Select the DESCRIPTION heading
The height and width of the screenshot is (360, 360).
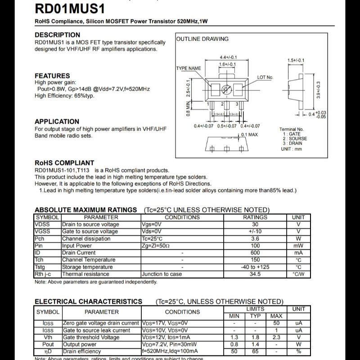(x=57, y=35)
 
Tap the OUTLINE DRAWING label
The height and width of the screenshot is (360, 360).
(x=202, y=39)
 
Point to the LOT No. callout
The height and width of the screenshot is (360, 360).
(x=265, y=77)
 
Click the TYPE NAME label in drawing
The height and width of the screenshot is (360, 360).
(x=189, y=68)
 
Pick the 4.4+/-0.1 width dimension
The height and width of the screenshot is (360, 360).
(x=228, y=58)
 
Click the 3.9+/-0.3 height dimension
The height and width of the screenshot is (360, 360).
(x=318, y=90)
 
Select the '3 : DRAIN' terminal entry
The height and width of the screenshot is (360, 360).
(x=292, y=144)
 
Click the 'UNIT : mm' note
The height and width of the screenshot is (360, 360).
(x=291, y=149)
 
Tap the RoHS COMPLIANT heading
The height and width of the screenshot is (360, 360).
(x=64, y=163)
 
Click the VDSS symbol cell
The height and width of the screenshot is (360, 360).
(x=42, y=224)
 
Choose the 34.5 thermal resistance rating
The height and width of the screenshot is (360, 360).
(x=255, y=274)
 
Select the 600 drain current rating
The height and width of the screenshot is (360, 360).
(x=255, y=253)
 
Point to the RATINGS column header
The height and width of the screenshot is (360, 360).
(x=255, y=217)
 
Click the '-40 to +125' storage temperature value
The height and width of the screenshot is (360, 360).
(x=255, y=267)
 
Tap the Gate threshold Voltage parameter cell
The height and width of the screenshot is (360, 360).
(x=91, y=337)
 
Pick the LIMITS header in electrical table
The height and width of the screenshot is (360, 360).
(x=255, y=309)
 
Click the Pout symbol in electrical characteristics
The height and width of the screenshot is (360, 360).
(x=48, y=344)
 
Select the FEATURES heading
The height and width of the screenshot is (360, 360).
(x=52, y=76)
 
